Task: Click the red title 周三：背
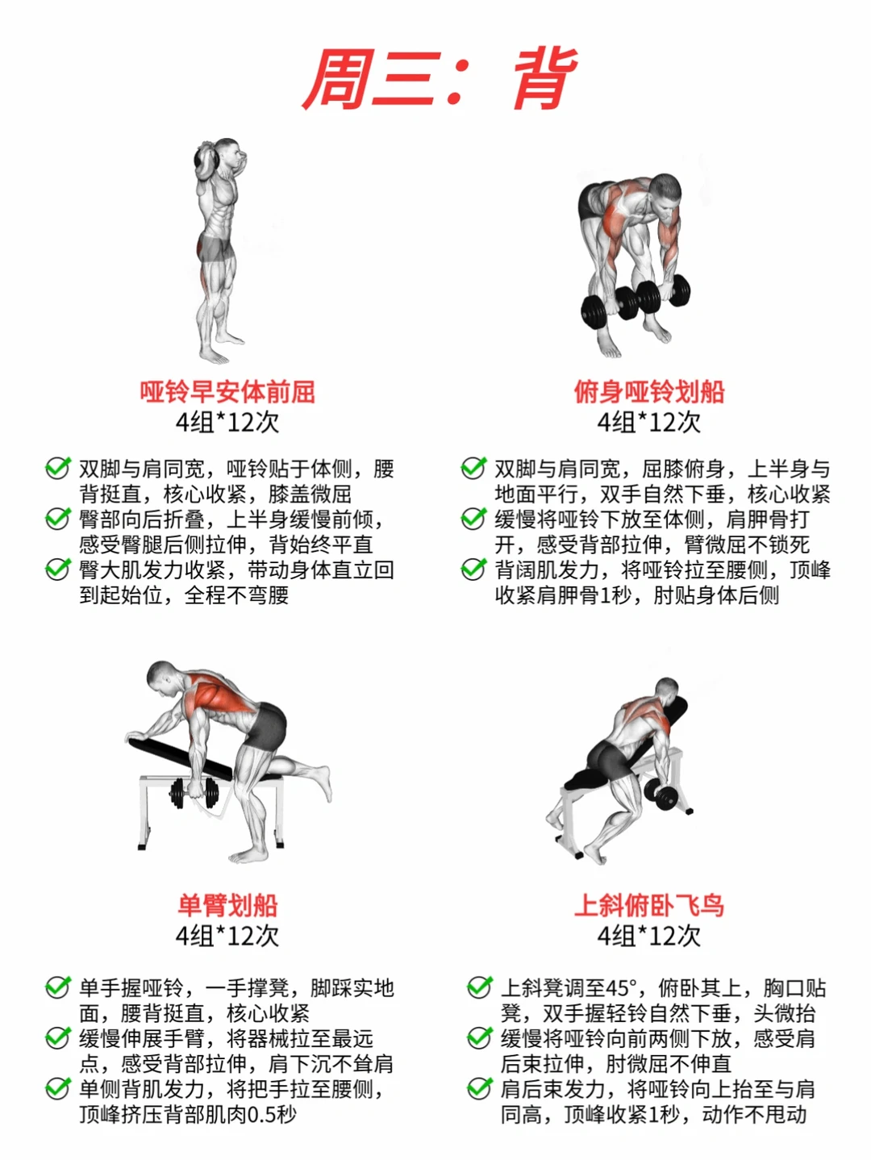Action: pos(440,79)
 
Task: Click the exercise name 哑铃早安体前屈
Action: pos(227,391)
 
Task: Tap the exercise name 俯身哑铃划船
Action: pos(649,391)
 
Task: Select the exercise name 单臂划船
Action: pos(227,905)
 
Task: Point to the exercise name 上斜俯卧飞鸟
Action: pos(649,905)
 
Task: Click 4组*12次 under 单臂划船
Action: pos(227,936)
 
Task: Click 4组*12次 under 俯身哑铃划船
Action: pos(649,422)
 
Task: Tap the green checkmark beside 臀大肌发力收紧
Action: pos(57,570)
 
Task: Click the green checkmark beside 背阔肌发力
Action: pos(473,570)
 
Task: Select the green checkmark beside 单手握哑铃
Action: pos(57,987)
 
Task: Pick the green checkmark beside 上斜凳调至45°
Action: pos(480,987)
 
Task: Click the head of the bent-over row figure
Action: pos(667,192)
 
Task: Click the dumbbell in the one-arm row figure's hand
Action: pos(194,793)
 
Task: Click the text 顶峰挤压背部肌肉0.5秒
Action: pos(188,1114)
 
